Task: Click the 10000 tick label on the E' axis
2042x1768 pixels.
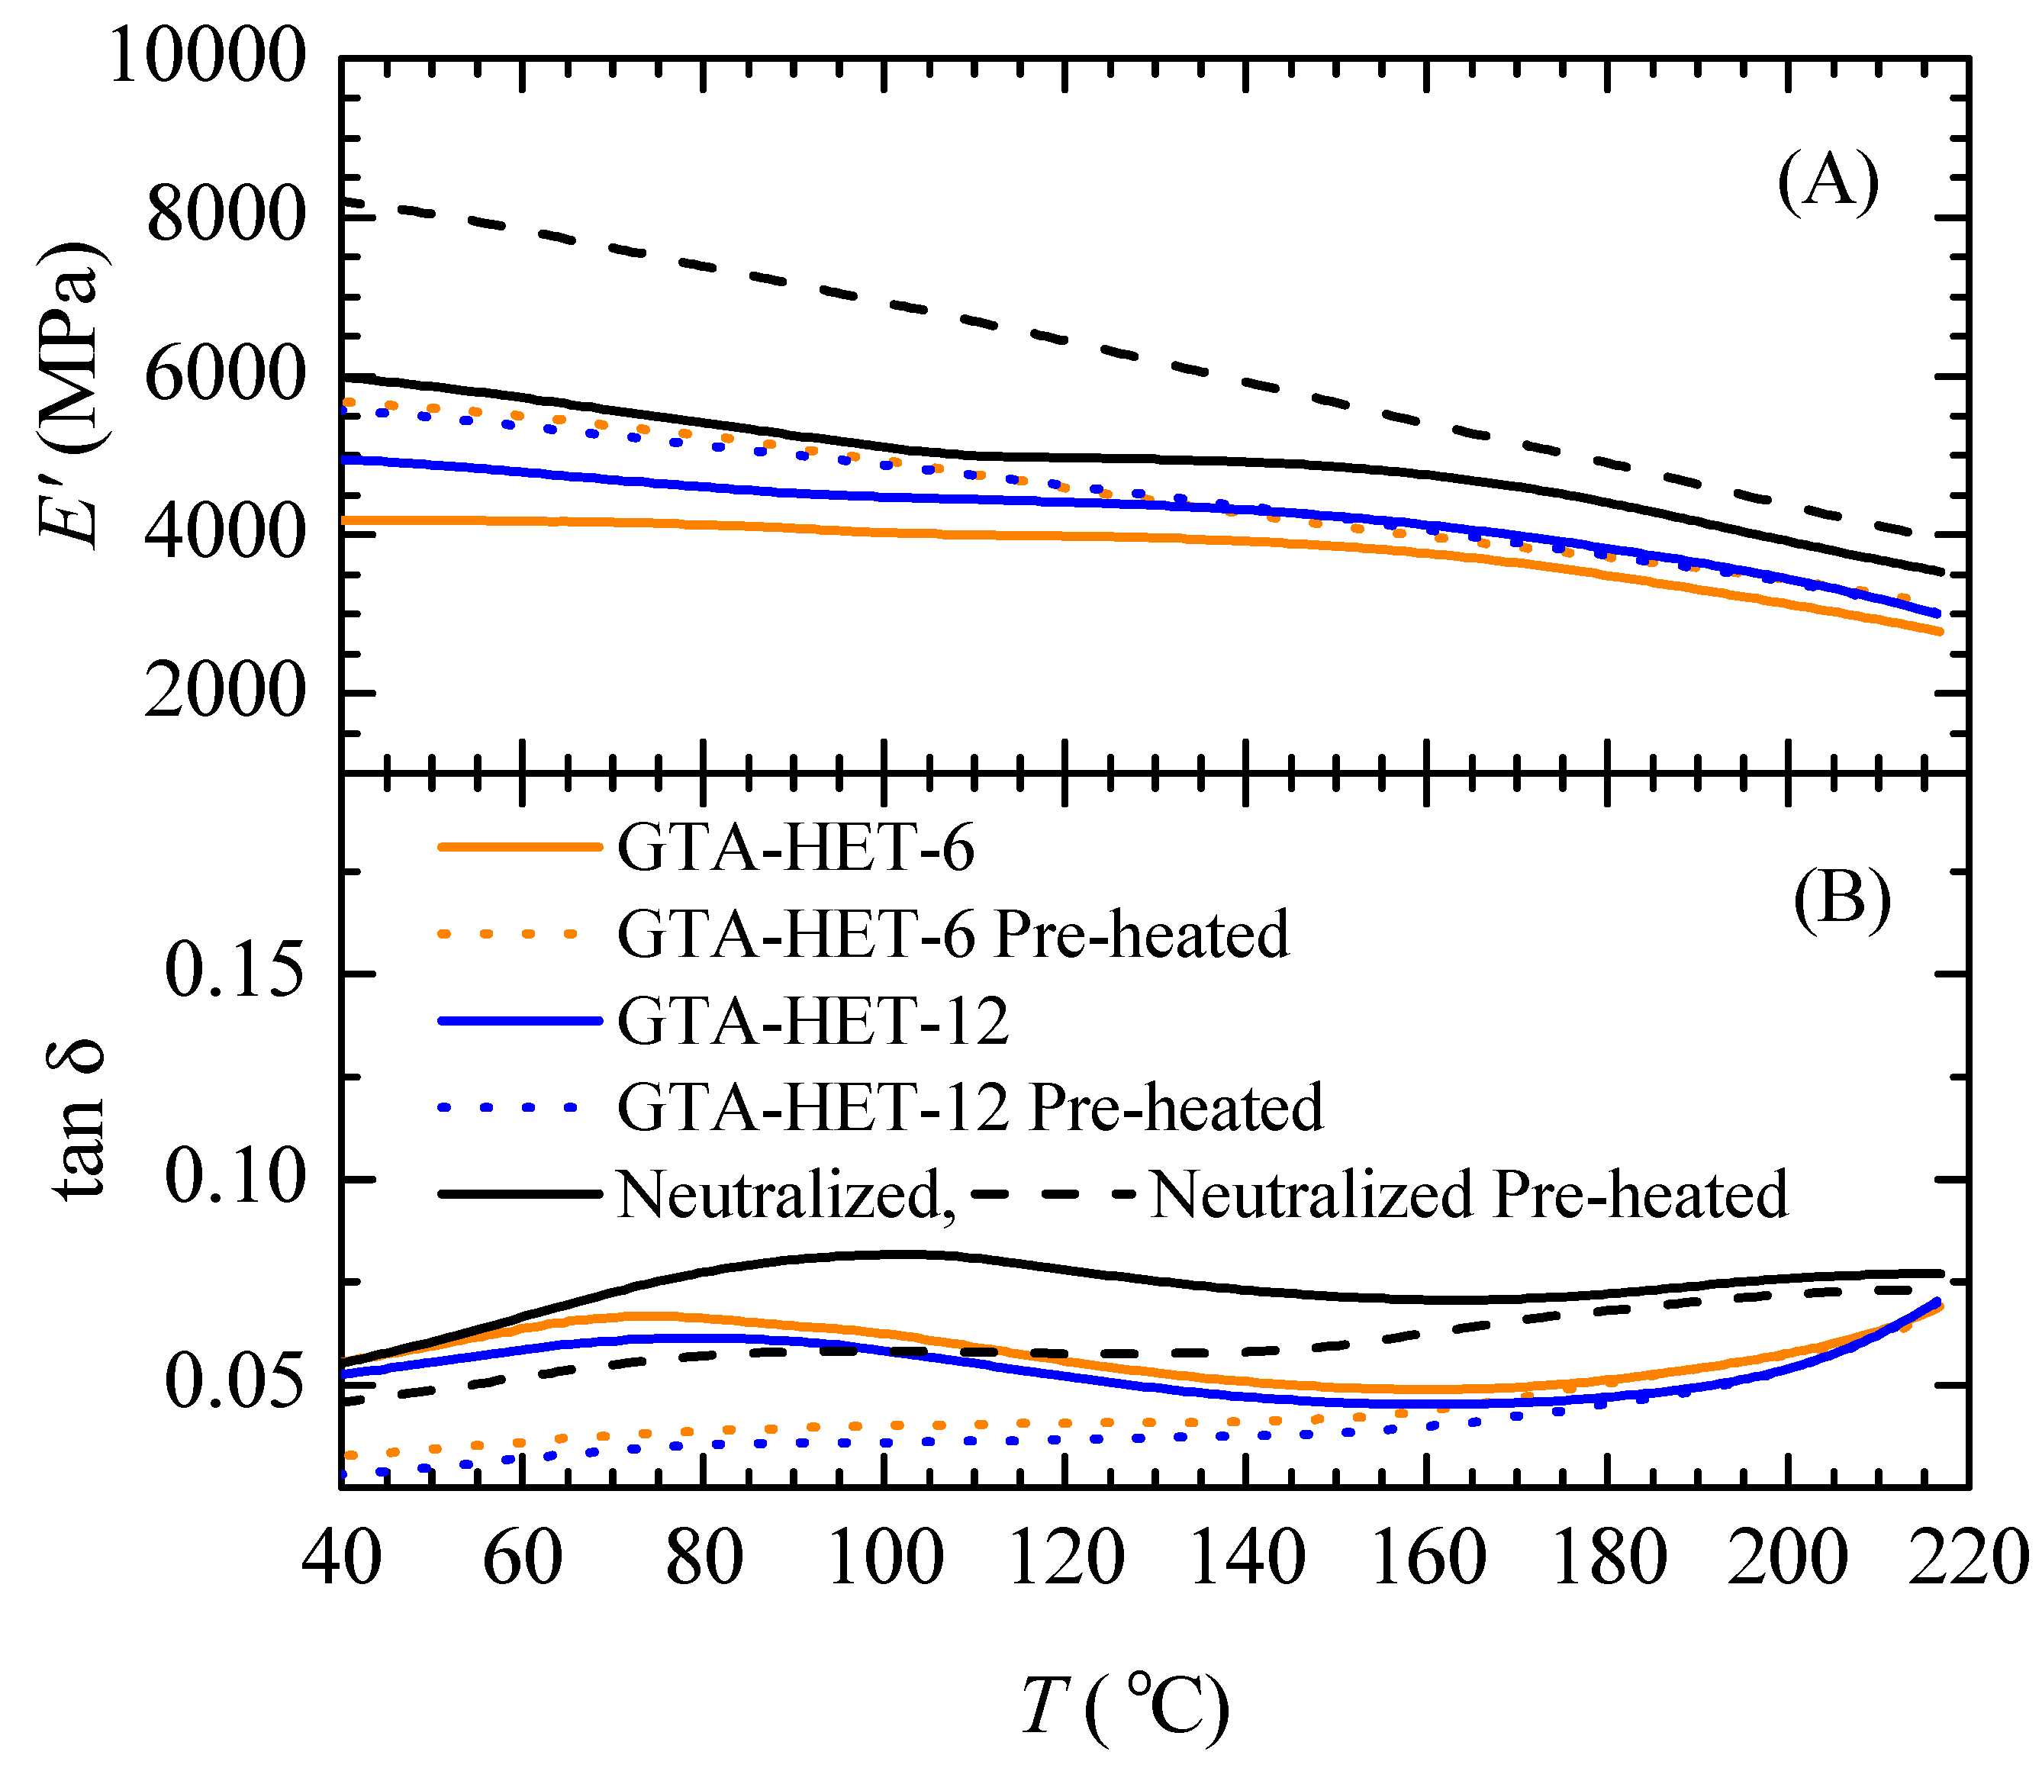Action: pos(205,56)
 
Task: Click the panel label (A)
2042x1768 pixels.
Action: pos(1828,183)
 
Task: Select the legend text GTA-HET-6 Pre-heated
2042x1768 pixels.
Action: pos(953,933)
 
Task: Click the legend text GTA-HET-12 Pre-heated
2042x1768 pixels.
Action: pos(970,1107)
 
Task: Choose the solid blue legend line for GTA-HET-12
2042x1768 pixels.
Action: pos(520,1021)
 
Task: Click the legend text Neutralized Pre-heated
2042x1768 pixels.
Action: pos(1469,1193)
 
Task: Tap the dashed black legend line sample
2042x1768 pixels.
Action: pos(1052,1193)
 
